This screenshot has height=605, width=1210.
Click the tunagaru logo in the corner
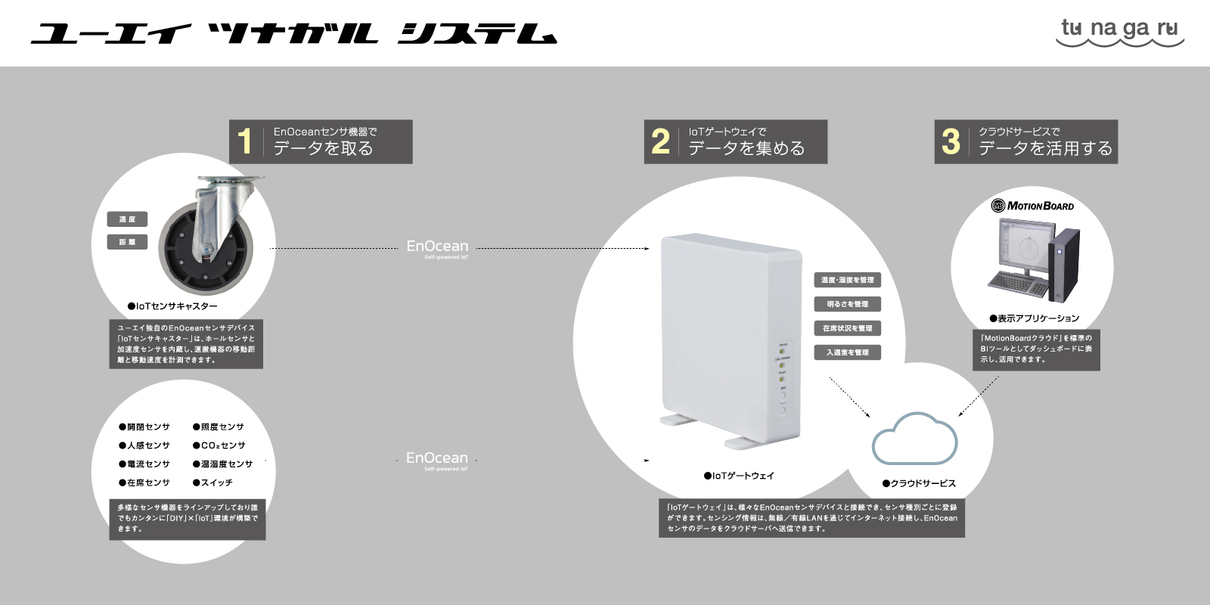[1120, 32]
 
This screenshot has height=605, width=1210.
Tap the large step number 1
[244, 141]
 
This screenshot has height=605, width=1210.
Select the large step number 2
[660, 141]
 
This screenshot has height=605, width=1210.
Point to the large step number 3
[951, 141]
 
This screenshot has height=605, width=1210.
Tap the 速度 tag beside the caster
[127, 219]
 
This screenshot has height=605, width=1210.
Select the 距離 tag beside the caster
[127, 242]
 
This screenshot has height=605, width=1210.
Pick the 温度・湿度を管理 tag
[847, 280]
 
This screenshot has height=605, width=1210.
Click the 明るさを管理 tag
[847, 304]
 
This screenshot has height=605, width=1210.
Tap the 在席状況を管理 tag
[847, 328]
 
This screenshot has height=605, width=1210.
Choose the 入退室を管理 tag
[847, 352]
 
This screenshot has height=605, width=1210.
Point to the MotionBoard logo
[1032, 206]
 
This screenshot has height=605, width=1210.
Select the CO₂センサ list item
[219, 445]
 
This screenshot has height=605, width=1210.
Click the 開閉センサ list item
[144, 427]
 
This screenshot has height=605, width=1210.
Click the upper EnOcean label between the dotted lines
[437, 247]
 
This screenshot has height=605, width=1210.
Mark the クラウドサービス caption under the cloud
[919, 483]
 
